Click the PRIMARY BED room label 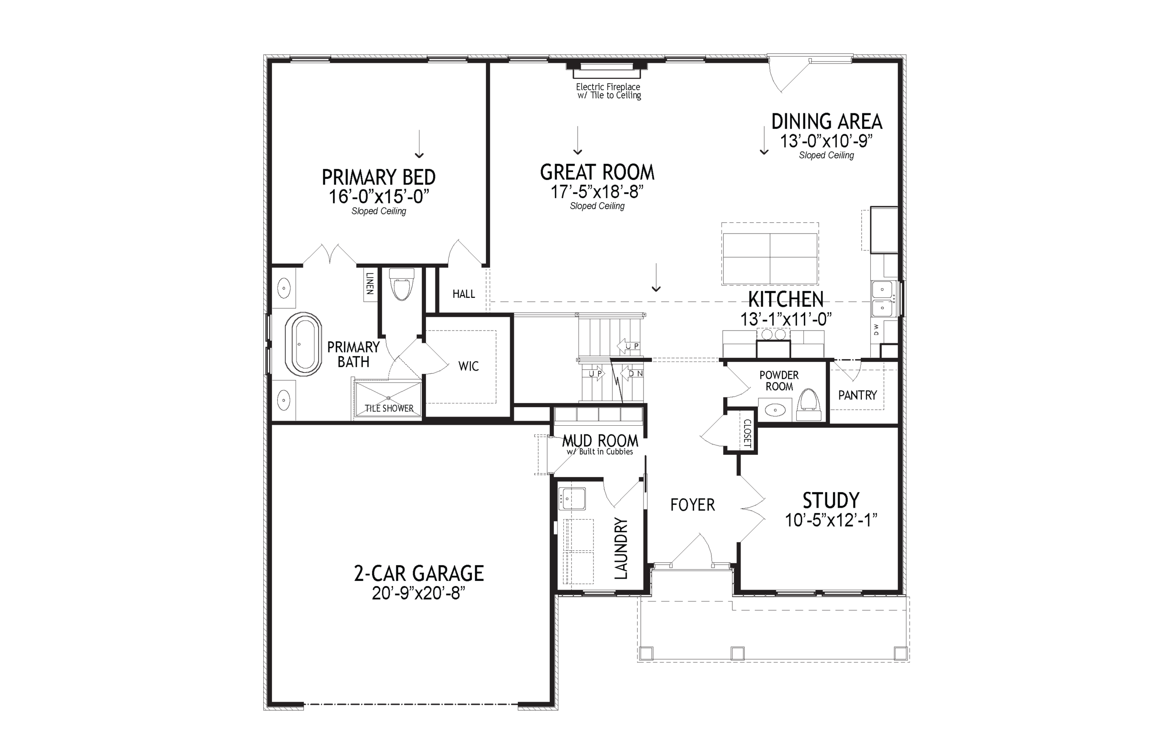click(378, 177)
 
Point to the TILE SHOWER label click(389, 408)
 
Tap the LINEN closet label click(370, 284)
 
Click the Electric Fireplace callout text click(608, 91)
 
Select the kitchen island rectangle click(770, 259)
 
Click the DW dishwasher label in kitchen click(877, 330)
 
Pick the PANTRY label click(857, 395)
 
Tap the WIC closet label click(469, 366)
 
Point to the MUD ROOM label click(600, 441)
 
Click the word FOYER click(692, 505)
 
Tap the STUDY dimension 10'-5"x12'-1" click(831, 520)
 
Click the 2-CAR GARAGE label click(419, 573)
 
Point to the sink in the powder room click(775, 409)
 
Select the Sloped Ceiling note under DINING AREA click(826, 156)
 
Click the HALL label click(463, 294)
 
